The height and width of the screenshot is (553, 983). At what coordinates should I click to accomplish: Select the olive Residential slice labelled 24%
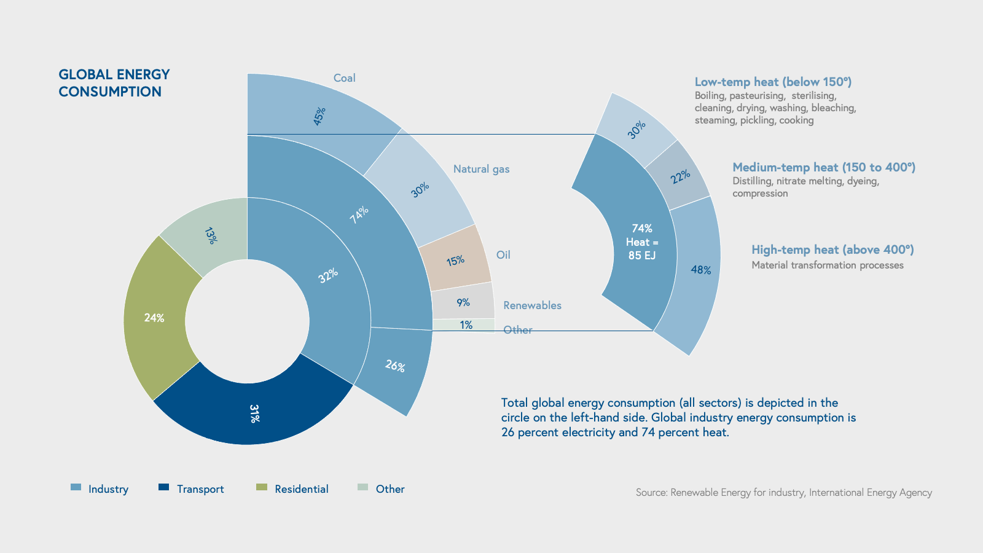[154, 318]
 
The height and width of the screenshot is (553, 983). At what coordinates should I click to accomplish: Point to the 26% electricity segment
[395, 366]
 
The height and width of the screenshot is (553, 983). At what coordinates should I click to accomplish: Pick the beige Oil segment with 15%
[455, 261]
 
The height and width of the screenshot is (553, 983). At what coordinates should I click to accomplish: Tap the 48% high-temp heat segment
[700, 270]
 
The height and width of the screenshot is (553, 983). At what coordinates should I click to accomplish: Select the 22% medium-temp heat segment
[679, 177]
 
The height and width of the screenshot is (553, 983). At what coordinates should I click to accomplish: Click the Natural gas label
[481, 169]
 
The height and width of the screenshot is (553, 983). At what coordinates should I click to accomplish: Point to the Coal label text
[344, 78]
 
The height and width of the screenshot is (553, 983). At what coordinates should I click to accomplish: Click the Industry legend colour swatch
[76, 487]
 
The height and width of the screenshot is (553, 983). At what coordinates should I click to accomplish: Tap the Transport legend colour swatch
[163, 487]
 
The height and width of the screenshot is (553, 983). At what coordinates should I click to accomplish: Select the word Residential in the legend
[302, 489]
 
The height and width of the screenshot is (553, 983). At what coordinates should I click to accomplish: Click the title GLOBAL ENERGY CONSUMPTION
[114, 83]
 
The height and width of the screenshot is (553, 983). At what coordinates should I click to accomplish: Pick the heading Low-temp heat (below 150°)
[773, 82]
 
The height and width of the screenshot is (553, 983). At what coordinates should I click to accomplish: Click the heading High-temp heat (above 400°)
[832, 249]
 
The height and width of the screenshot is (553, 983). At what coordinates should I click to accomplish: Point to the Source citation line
[783, 492]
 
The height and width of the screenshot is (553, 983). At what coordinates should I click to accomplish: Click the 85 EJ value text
[642, 255]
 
